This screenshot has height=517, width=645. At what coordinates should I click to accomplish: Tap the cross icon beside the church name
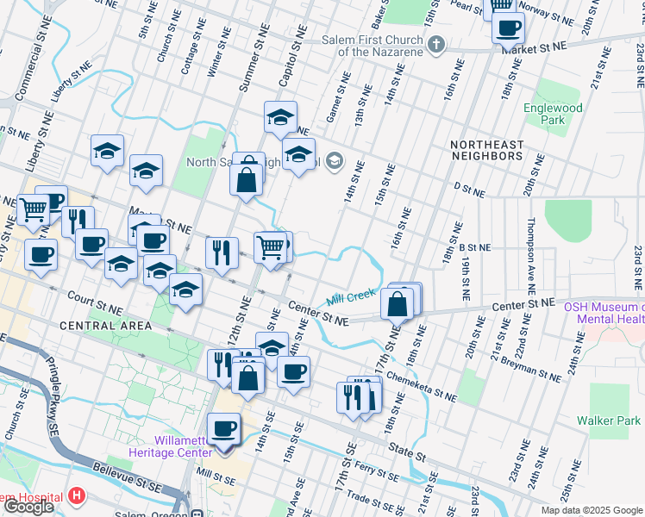point(437,44)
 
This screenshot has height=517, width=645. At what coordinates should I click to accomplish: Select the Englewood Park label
point(553,114)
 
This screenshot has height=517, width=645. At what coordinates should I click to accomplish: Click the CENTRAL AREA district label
point(106,326)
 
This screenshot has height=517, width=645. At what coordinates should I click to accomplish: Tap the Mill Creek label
point(352,297)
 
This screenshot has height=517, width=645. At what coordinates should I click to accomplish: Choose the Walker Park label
point(609,421)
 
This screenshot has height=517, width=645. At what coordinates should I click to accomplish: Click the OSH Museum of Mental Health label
point(604,312)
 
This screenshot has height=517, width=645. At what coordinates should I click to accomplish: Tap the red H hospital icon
point(77,496)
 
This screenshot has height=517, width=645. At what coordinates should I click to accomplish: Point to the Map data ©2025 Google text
point(592,510)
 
